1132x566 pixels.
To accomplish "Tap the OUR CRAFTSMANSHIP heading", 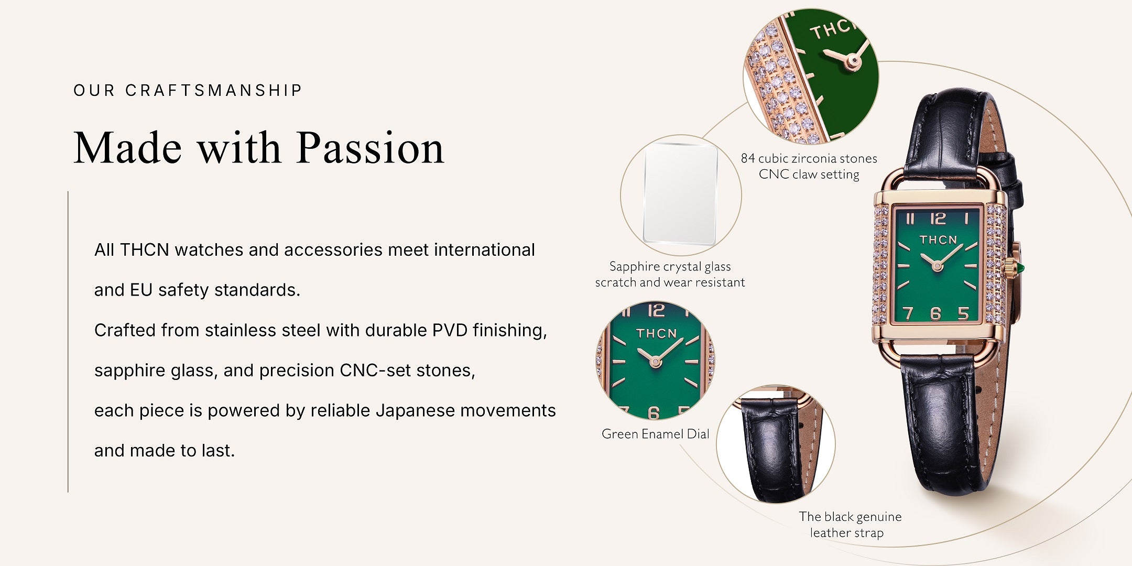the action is click(188, 90).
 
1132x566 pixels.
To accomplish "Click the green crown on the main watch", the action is click(1020, 269).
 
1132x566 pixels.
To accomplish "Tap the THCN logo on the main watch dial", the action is click(938, 240).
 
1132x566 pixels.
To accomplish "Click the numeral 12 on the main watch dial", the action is click(938, 218).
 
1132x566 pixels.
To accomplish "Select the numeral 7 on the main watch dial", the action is click(908, 313).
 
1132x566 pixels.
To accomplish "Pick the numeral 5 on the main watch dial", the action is click(963, 313).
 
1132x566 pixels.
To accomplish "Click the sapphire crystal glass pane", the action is click(680, 194).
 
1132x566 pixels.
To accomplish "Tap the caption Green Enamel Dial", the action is click(655, 434).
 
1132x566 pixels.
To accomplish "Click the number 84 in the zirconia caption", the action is click(748, 158).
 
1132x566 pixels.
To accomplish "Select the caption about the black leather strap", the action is click(850, 525).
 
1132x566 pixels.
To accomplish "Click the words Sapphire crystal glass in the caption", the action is click(670, 267).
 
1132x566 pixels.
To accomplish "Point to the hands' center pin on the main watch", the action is click(937, 266).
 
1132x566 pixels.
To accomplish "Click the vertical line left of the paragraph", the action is click(68, 342).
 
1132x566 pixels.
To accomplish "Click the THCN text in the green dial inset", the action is click(657, 334).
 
